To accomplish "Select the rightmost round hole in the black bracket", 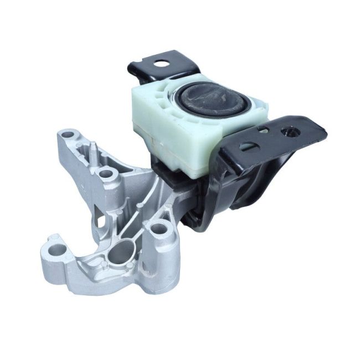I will tap(289, 132).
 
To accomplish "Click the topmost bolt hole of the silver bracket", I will tap(69, 134).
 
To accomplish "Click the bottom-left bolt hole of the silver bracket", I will tap(54, 250).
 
